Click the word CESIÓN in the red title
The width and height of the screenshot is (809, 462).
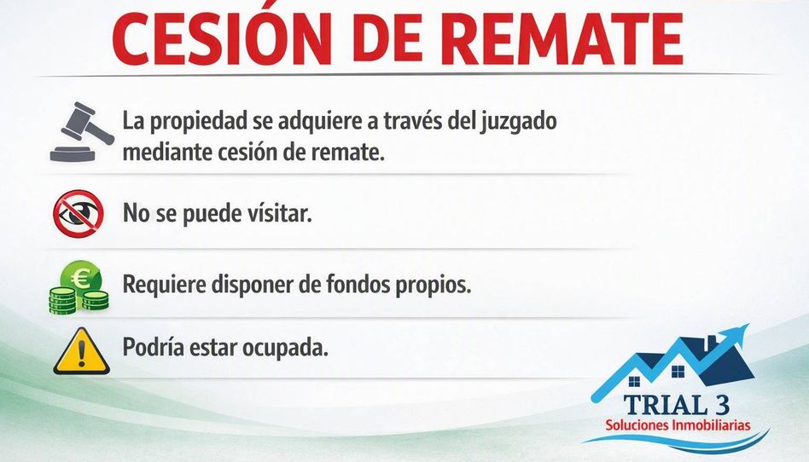click(x=222, y=38)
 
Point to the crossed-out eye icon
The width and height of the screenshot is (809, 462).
click(x=79, y=213)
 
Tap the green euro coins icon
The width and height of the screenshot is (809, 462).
click(x=79, y=287)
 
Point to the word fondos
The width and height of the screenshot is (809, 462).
click(x=358, y=284)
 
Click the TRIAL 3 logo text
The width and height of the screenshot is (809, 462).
click(x=677, y=405)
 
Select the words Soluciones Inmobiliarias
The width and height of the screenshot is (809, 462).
click(x=678, y=424)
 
